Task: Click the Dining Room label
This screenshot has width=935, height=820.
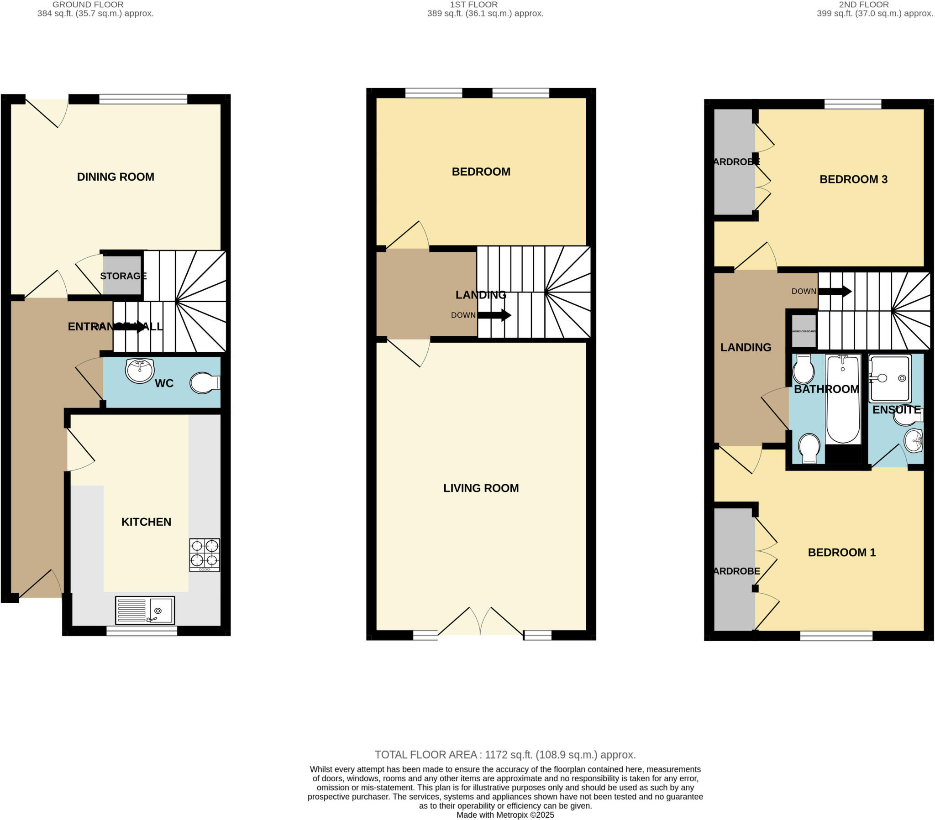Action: click(x=115, y=177)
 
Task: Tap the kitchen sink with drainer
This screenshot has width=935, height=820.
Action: click(x=145, y=610)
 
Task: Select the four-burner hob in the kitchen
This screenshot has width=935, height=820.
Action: click(x=205, y=555)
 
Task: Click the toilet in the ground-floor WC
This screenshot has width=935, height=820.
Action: click(x=205, y=383)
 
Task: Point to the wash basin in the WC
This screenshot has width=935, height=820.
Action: click(x=140, y=371)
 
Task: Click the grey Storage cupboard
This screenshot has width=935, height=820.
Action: click(x=122, y=275)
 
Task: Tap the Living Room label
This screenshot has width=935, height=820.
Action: click(x=481, y=488)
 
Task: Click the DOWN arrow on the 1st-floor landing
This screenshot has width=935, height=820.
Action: click(x=494, y=315)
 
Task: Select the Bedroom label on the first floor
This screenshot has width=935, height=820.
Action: click(x=481, y=172)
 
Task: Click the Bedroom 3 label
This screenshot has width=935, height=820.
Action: click(x=853, y=179)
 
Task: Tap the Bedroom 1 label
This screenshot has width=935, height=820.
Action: click(x=841, y=553)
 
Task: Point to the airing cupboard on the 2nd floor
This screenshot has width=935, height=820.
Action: click(x=804, y=331)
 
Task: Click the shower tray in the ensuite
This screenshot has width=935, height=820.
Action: click(x=890, y=378)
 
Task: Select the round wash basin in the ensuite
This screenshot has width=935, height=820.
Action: click(x=914, y=441)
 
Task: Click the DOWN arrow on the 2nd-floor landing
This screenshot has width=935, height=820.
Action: click(x=835, y=291)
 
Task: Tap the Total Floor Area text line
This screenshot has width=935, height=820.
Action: click(x=505, y=755)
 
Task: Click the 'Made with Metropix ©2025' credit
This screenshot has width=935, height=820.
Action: click(x=505, y=815)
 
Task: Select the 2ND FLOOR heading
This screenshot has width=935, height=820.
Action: click(x=864, y=5)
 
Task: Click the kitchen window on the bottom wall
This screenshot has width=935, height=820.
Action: click(x=142, y=631)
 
